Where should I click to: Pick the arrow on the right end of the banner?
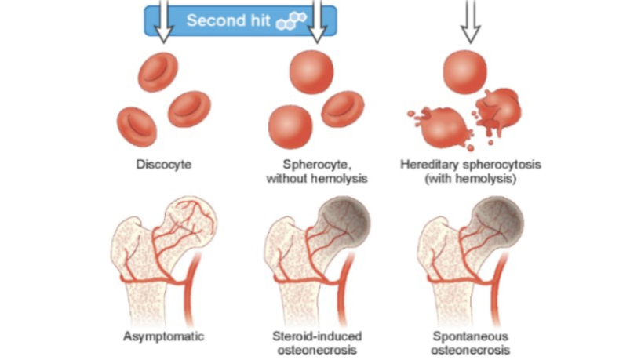[x=318, y=22]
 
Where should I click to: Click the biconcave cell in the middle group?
[x=344, y=108]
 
